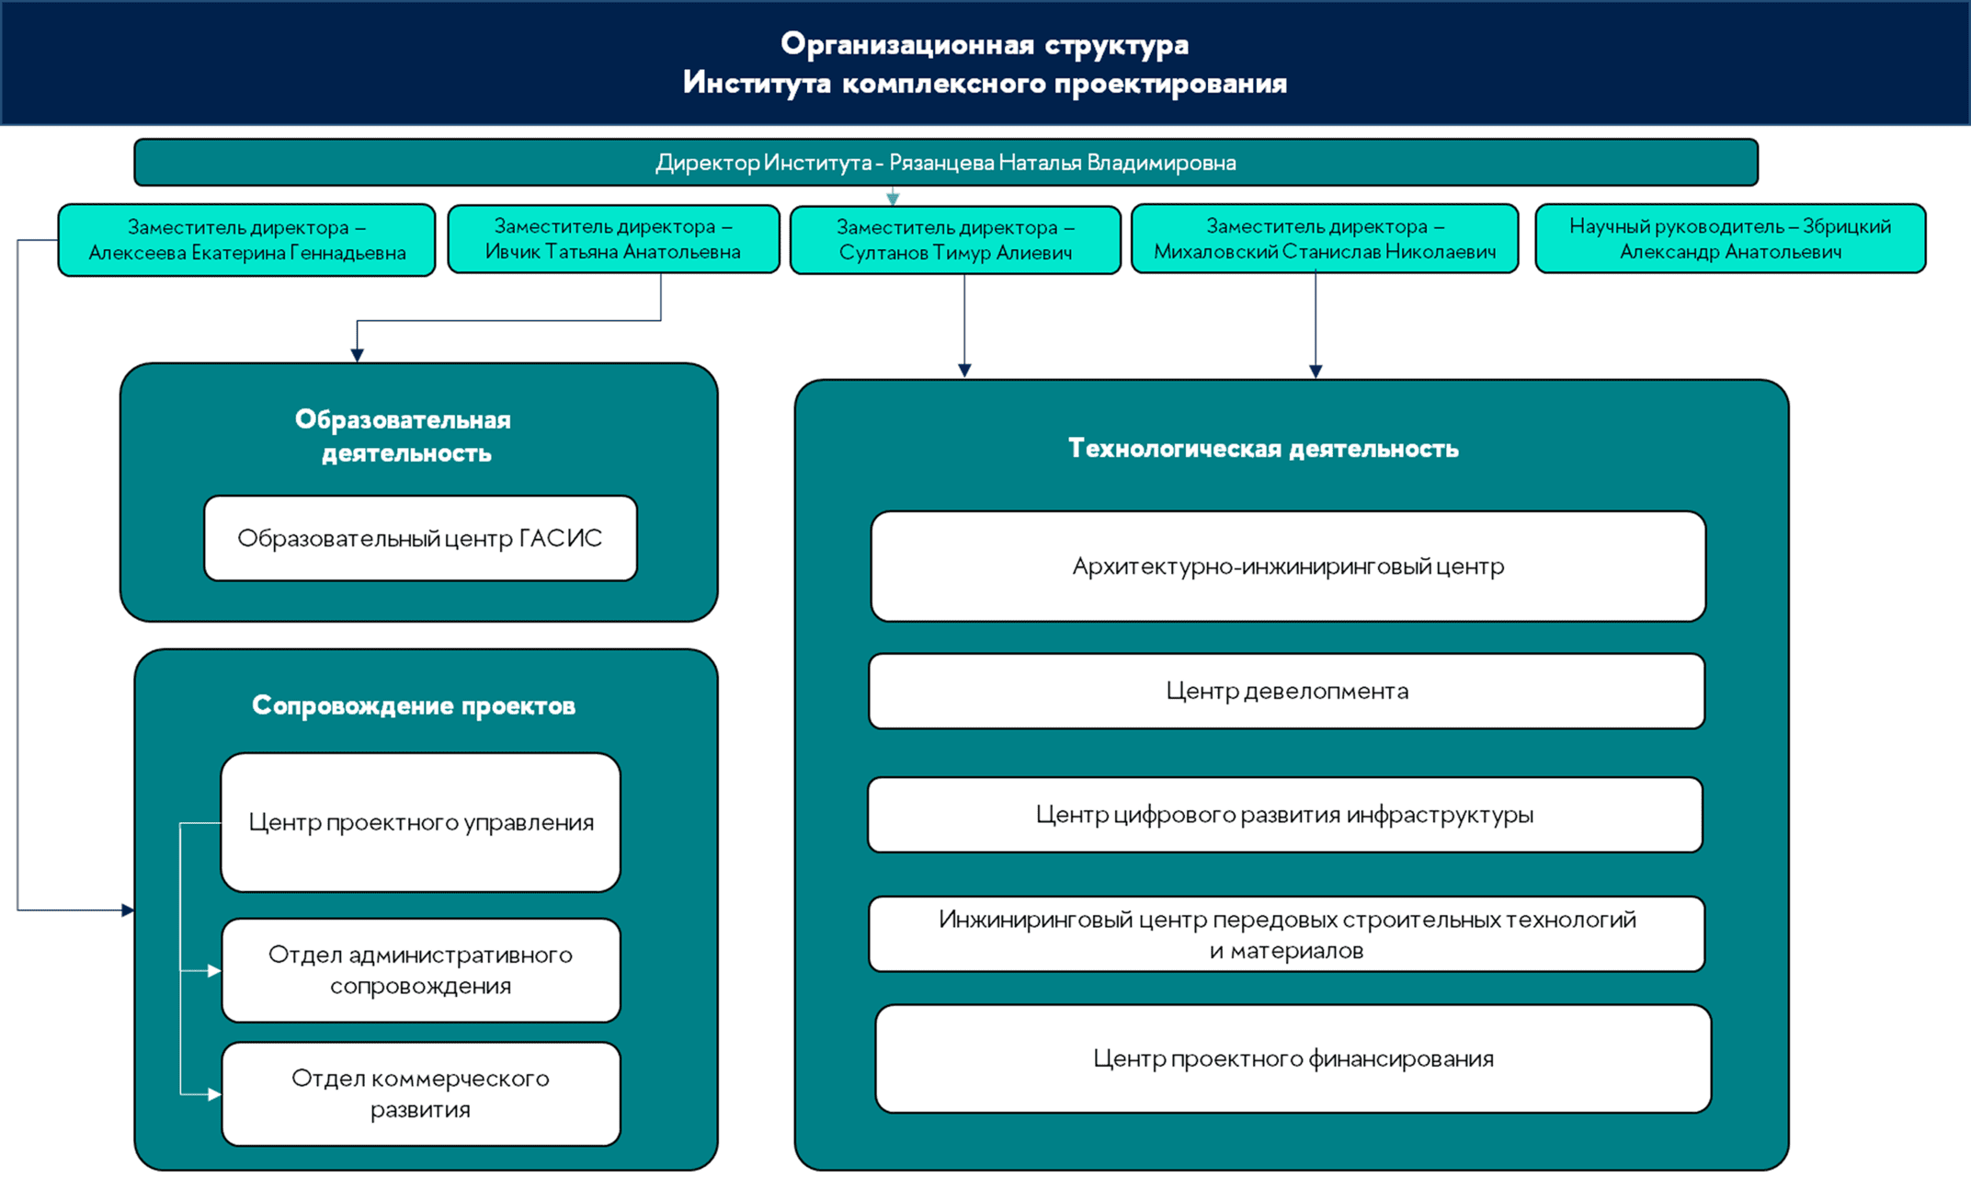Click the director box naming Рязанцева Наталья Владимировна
(x=946, y=163)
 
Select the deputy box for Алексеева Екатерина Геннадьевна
(x=246, y=240)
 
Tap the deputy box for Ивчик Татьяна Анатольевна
(x=613, y=239)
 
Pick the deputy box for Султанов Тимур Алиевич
(x=955, y=240)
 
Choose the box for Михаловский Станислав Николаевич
(x=1325, y=239)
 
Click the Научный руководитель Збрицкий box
(x=1730, y=239)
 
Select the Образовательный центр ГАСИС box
(x=420, y=538)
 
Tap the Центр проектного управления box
(x=421, y=822)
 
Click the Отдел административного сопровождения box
(x=421, y=970)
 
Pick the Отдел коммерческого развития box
(x=421, y=1093)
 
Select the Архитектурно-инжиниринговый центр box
(x=1288, y=566)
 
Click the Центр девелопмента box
(x=1287, y=691)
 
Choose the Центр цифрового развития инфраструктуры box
(x=1285, y=815)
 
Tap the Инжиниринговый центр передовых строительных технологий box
(x=1287, y=934)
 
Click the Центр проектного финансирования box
(x=1293, y=1058)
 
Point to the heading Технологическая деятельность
(x=1263, y=449)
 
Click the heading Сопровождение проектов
(x=414, y=705)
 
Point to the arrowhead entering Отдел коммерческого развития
(x=215, y=1094)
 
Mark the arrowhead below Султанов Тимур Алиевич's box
(x=964, y=371)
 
